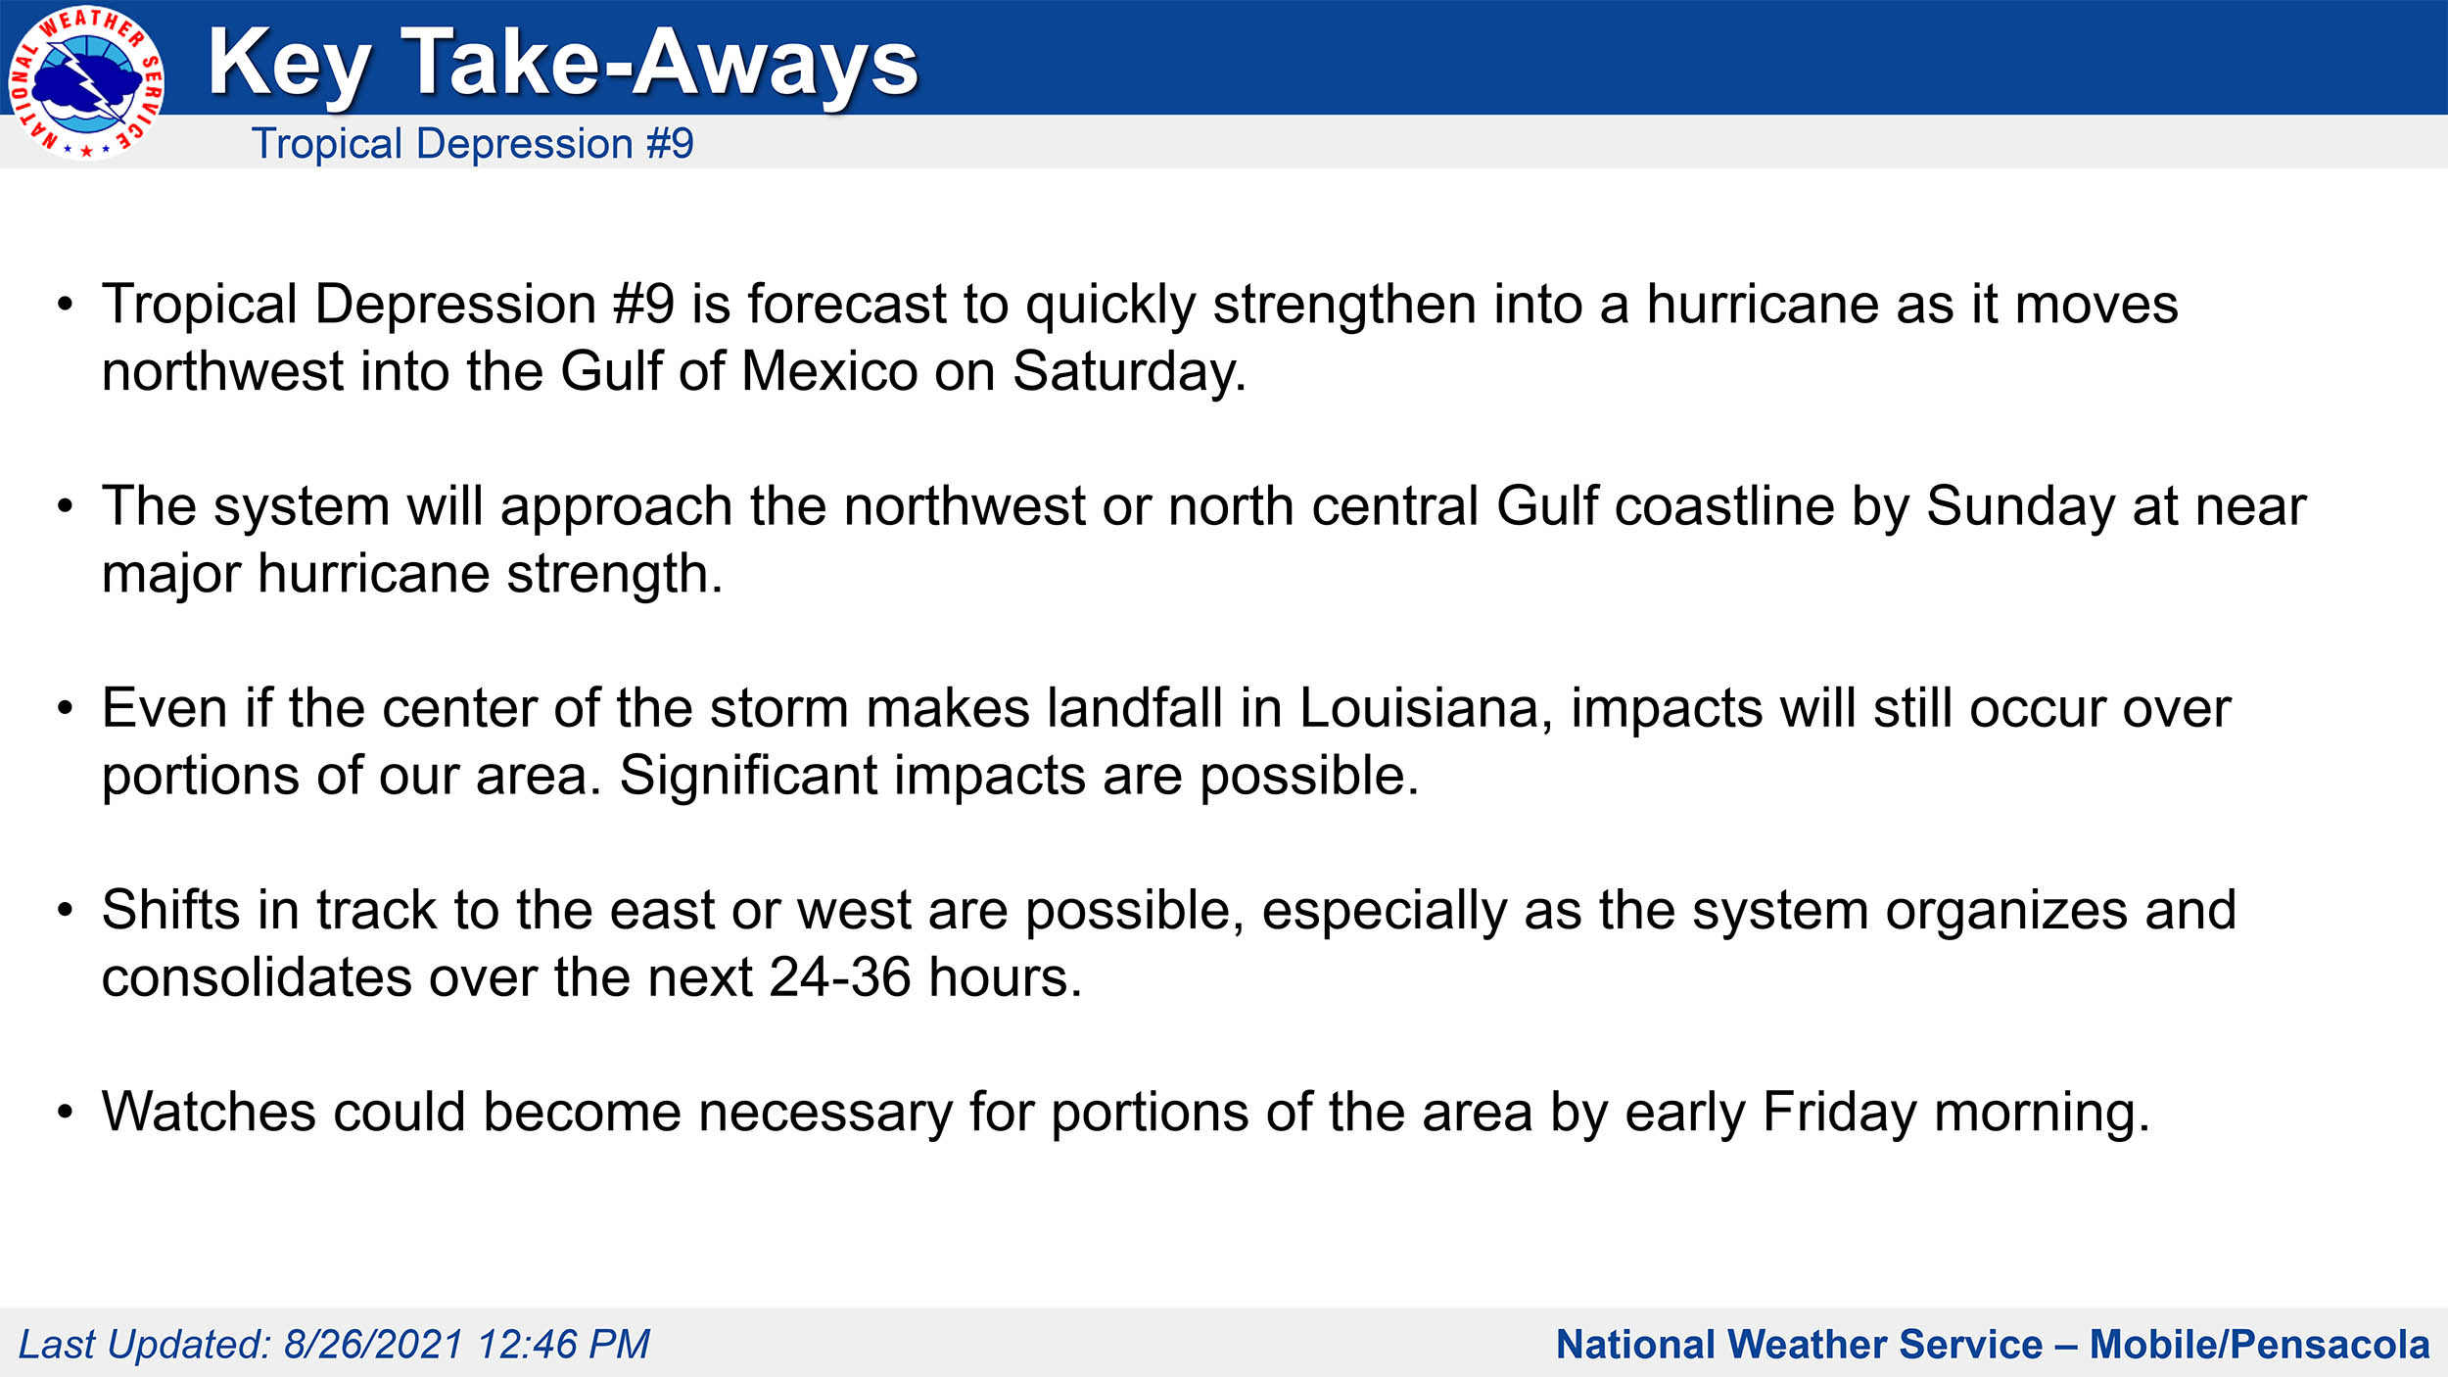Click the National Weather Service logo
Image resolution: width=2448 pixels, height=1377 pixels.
coord(86,83)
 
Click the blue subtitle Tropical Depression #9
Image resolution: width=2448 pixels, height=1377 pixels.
coord(473,144)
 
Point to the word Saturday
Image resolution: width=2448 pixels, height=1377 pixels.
coord(1128,372)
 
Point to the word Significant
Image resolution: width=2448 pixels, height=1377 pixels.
coord(748,776)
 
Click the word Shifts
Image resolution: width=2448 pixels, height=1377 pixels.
coord(171,910)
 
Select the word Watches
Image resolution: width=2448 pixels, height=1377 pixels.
coord(209,1113)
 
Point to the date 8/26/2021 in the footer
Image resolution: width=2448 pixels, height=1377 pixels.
coord(373,1345)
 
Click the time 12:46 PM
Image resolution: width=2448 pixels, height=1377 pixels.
coord(564,1345)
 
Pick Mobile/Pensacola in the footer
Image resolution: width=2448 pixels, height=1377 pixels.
coord(2259,1345)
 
